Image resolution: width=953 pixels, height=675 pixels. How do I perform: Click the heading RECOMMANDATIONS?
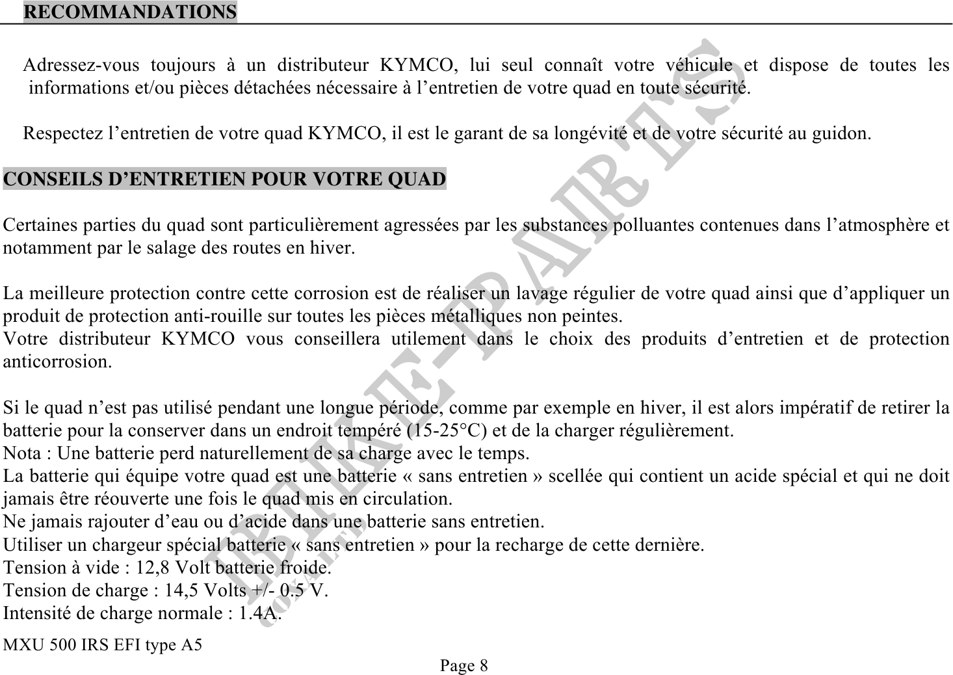pos(130,12)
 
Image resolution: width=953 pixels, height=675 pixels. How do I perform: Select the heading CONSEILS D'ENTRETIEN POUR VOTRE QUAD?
pos(225,179)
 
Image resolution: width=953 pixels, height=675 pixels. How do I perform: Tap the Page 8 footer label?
pos(463,665)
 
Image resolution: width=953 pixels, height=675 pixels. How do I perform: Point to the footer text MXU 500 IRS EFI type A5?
pos(103,645)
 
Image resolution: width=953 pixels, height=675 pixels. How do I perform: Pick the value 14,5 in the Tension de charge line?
pos(183,590)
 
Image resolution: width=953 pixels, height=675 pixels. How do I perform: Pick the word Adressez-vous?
pos(81,66)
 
